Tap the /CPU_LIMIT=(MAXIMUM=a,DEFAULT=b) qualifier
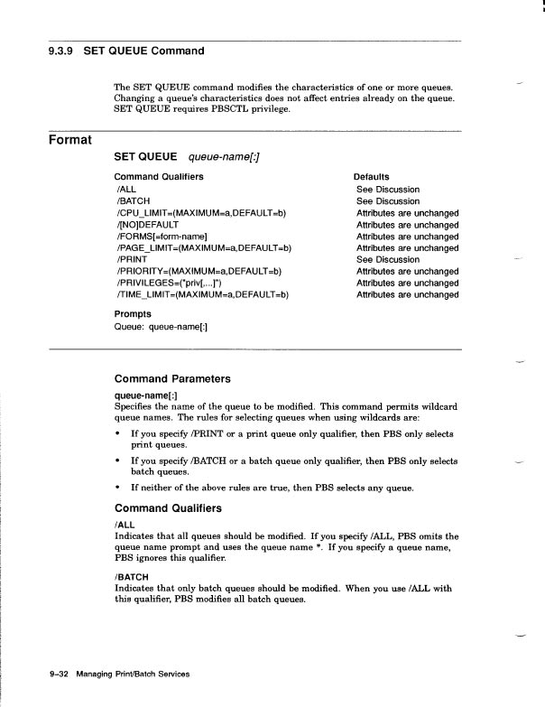(x=200, y=213)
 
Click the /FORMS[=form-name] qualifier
(x=163, y=237)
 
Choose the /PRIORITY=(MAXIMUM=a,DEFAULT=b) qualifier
(x=199, y=271)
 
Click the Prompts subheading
(x=134, y=314)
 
